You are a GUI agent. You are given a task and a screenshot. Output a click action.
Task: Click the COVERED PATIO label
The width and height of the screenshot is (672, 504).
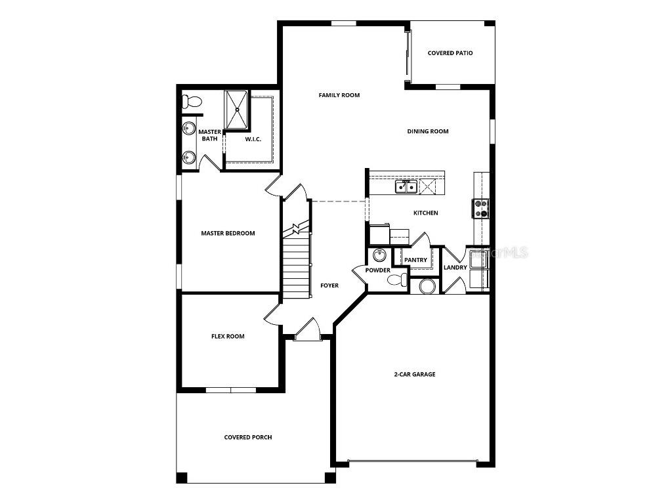pos(450,53)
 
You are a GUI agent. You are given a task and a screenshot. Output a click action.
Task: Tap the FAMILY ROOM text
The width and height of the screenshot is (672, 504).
pos(339,95)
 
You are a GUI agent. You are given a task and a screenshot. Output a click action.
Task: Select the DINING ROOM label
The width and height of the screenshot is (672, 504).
pos(428,131)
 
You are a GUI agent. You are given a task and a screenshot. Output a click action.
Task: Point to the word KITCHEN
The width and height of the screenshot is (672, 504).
pos(425,213)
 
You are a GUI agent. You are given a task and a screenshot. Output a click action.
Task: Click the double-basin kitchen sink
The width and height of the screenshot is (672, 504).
pos(406,188)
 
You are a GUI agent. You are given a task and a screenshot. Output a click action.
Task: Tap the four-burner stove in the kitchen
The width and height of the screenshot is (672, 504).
pos(481,209)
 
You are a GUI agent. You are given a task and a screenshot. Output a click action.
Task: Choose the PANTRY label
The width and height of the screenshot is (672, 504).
pos(415,260)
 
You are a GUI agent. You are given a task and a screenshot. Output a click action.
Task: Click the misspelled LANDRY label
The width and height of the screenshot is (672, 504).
pos(455,267)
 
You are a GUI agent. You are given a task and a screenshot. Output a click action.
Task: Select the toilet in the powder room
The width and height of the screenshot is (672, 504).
pos(396,281)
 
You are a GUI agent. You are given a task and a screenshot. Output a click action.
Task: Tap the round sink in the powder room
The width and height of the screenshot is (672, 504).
pos(379,255)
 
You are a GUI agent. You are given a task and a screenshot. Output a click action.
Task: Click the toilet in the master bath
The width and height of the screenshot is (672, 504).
pos(192,102)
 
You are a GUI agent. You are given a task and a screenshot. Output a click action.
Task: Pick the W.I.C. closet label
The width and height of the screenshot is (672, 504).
pos(254,139)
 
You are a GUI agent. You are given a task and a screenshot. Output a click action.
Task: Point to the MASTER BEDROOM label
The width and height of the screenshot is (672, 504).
pos(228,233)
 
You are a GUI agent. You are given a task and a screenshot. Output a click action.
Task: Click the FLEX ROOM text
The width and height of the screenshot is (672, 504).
pos(228,337)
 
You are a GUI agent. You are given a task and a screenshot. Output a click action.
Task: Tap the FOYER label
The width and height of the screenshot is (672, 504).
pos(329,285)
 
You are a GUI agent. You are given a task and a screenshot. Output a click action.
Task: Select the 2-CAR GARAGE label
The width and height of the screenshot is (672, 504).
pos(415,374)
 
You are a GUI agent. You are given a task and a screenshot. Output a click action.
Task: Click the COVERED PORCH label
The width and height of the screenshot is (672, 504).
pos(248,437)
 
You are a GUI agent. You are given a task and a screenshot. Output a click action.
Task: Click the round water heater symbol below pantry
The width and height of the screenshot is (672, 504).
pos(428,286)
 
